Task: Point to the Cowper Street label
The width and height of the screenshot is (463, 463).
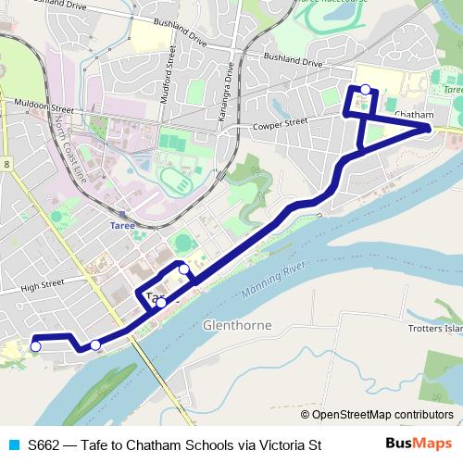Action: [x=279, y=122]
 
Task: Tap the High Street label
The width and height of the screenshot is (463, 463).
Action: [x=42, y=287]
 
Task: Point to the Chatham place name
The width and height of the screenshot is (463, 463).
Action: [x=414, y=115]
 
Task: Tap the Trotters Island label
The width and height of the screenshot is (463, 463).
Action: [x=435, y=328]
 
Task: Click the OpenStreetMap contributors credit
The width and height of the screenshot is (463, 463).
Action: [x=377, y=414]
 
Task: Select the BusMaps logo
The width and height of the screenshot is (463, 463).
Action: [x=419, y=444]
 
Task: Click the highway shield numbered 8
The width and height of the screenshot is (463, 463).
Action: [x=6, y=164]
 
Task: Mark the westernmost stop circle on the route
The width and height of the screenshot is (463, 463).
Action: [x=36, y=346]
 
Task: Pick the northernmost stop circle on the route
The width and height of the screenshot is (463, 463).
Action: [x=366, y=89]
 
